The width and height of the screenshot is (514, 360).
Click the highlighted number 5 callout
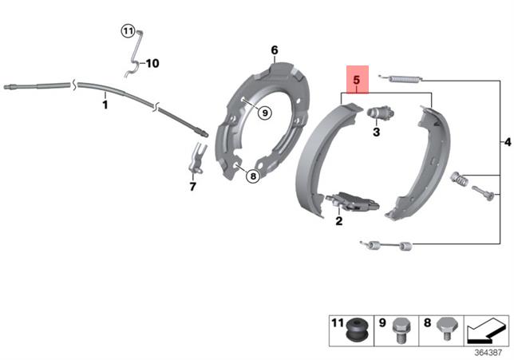[x=356, y=80]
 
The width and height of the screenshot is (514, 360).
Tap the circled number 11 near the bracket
[x=128, y=31]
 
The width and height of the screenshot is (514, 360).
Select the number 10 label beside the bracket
[x=152, y=63]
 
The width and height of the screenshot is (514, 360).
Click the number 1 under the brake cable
[x=105, y=103]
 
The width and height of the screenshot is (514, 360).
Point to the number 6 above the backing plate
[x=274, y=50]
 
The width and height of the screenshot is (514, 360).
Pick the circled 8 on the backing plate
[x=252, y=176]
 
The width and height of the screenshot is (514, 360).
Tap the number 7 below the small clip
[x=192, y=188]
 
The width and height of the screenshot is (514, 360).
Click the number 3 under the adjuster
[x=376, y=133]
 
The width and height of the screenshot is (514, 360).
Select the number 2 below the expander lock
[x=338, y=221]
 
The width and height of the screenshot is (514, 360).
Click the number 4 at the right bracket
[x=508, y=142]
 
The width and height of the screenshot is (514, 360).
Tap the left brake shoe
[x=314, y=160]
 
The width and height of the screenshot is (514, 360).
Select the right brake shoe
[x=421, y=164]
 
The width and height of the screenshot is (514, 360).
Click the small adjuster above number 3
[x=377, y=114]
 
